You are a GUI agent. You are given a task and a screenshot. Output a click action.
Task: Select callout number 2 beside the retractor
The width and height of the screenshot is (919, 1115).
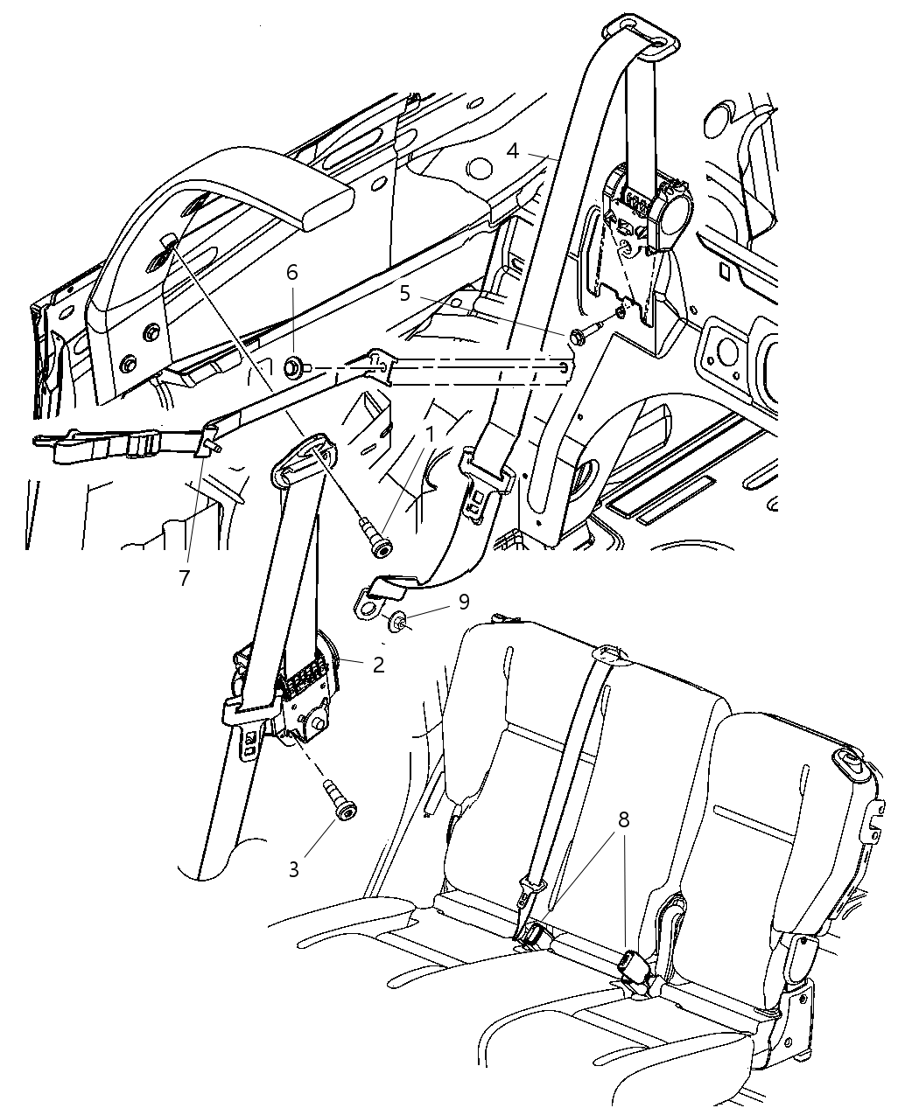tap(378, 665)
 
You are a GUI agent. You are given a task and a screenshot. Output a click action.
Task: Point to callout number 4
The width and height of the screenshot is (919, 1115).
tap(513, 151)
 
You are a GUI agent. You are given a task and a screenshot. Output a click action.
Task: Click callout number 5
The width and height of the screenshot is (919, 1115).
tap(404, 293)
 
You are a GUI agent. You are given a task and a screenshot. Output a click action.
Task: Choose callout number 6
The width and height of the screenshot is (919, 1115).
tap(292, 272)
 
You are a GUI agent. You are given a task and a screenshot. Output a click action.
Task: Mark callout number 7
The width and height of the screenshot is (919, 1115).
tap(185, 578)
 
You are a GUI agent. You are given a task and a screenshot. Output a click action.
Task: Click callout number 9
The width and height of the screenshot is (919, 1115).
tap(464, 602)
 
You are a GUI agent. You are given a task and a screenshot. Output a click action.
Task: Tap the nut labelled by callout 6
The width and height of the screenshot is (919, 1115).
tap(293, 367)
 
